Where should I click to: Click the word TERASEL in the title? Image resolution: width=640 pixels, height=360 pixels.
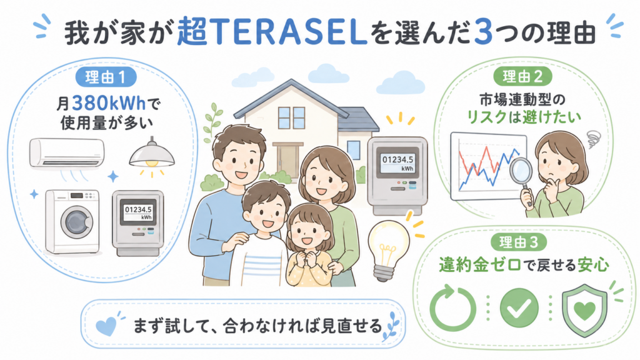[x=287, y=32]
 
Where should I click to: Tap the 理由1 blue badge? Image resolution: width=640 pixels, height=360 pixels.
[x=105, y=77]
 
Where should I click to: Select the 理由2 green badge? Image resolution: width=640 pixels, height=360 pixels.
[x=522, y=76]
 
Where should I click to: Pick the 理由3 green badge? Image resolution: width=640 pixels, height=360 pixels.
[x=519, y=242]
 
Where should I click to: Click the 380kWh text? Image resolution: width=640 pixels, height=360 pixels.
[x=109, y=103]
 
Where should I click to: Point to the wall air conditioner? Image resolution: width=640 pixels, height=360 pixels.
[x=67, y=153]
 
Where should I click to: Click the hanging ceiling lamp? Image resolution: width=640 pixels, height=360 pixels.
[x=152, y=154]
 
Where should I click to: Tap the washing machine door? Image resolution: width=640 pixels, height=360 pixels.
[x=77, y=222]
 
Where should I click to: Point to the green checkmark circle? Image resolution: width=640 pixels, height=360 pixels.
[x=519, y=307]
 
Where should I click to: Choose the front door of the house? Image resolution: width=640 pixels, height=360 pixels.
[x=287, y=161]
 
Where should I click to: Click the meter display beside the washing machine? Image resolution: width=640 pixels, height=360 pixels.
[x=138, y=212]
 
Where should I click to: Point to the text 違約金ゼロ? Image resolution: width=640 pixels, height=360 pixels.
[x=480, y=265]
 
